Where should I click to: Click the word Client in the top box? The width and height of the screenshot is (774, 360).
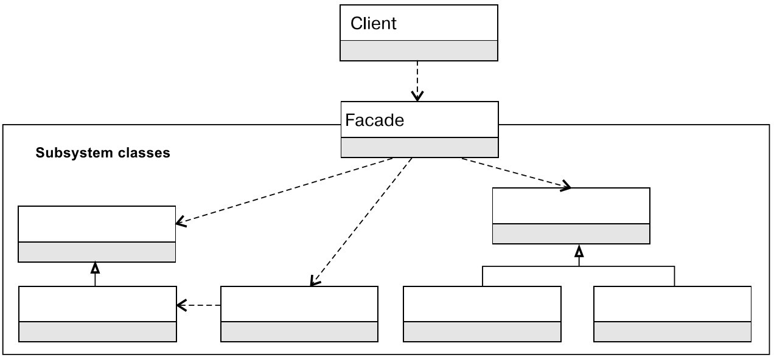point(373,24)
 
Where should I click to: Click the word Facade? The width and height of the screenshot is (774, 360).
point(374,120)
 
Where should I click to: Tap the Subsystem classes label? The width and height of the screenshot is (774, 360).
point(102,153)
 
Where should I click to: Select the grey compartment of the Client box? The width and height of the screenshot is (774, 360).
point(418,50)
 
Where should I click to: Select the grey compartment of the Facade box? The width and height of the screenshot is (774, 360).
point(419,147)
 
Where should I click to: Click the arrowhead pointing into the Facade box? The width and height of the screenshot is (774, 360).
point(417,96)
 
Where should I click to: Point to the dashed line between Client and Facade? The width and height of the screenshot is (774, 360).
point(417,76)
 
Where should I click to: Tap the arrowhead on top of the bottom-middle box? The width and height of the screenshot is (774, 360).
point(314,281)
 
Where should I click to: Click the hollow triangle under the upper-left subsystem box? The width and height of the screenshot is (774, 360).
point(95,267)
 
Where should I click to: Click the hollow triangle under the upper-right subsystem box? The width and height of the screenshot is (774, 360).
point(579,251)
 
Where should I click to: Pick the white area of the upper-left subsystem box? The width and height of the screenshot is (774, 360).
point(97,224)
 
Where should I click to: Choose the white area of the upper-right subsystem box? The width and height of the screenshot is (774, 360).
point(570,206)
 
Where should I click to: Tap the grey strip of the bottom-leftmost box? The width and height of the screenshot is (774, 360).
point(97,332)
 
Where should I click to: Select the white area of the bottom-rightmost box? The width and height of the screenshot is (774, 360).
point(672,304)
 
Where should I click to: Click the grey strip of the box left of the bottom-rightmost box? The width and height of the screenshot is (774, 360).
point(481,332)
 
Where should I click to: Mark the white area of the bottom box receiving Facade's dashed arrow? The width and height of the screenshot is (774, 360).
point(299,304)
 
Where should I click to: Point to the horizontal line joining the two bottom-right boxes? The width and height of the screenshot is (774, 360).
point(578,267)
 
